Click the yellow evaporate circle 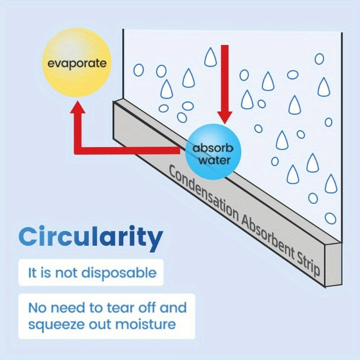tap(77, 63)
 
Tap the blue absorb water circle tap(213, 152)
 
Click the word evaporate tap(77, 63)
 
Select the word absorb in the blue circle tap(213, 148)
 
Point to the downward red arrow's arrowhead tap(225, 117)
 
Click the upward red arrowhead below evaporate tap(78, 107)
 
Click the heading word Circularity tap(91, 237)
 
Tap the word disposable tap(119, 273)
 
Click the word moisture tap(145, 324)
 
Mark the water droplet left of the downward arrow tap(210, 57)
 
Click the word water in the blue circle tap(214, 160)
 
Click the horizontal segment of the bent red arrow tap(127, 151)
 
